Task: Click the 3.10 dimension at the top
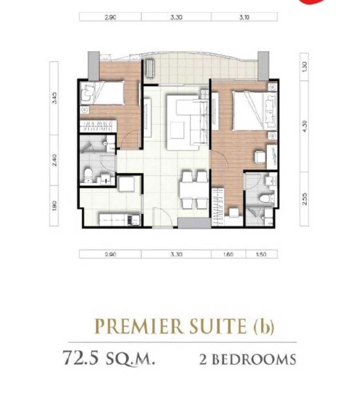[x=244, y=17]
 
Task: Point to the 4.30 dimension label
[x=305, y=127]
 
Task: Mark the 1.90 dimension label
[x=54, y=205]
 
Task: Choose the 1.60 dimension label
[x=227, y=254]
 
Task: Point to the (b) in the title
[x=265, y=327]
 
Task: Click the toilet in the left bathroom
[x=87, y=174]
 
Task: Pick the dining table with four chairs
[x=193, y=190]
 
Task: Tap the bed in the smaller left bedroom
[x=107, y=93]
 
